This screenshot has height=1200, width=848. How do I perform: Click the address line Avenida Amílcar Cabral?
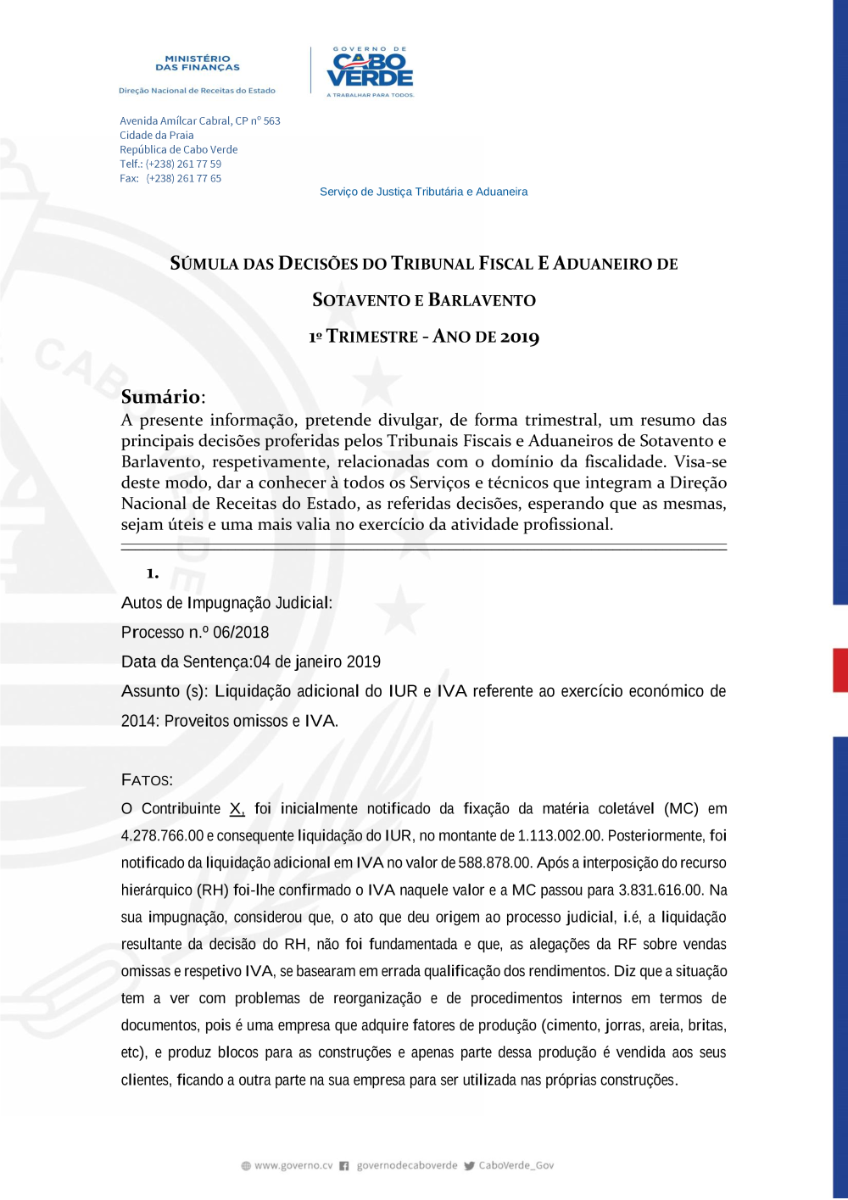(x=199, y=121)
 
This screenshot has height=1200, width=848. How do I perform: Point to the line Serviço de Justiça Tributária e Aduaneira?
(x=423, y=192)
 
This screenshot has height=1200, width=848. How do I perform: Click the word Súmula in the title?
(x=204, y=264)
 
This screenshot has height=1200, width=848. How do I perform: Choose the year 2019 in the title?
(x=520, y=337)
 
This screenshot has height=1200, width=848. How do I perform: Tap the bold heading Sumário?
(x=161, y=397)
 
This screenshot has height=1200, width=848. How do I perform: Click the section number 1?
(x=153, y=574)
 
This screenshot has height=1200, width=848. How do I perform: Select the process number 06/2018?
(x=241, y=633)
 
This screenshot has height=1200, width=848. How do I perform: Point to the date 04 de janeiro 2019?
(x=317, y=662)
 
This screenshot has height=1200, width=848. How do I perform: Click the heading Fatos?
(x=147, y=780)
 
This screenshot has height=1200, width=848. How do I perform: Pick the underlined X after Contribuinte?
(x=237, y=809)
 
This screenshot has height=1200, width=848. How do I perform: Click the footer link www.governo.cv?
(x=293, y=1166)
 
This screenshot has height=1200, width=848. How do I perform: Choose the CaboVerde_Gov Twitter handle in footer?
(x=516, y=1166)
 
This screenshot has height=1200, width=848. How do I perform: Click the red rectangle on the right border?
(x=840, y=670)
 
